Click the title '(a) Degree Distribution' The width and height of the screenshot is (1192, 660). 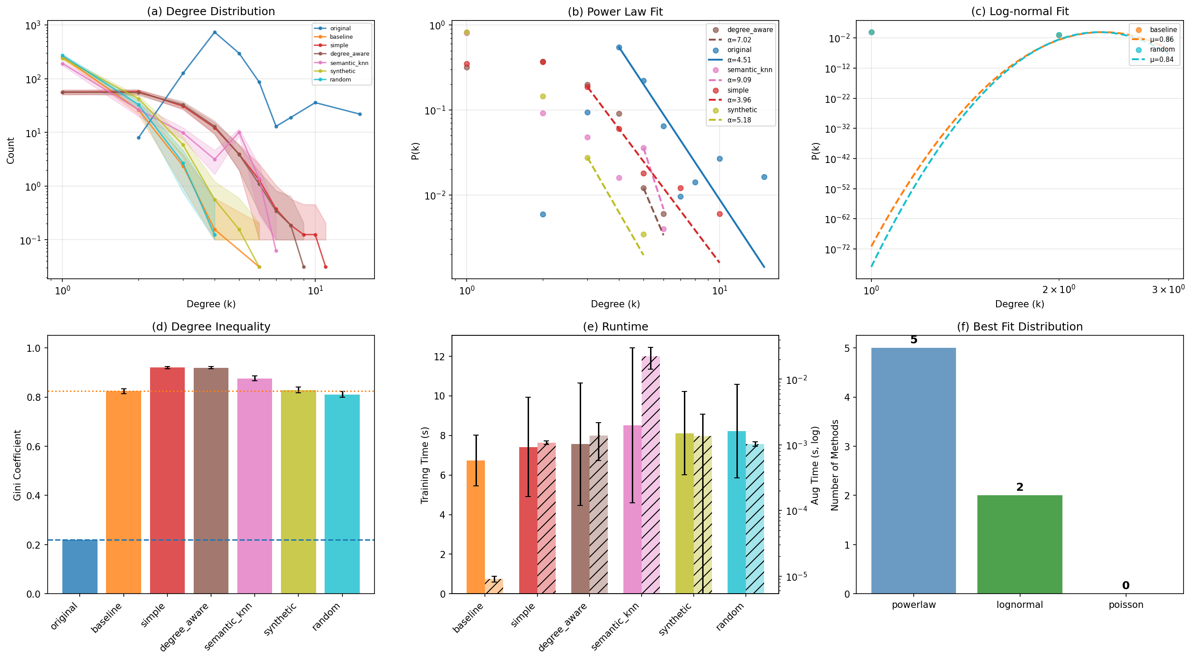pyautogui.click(x=211, y=11)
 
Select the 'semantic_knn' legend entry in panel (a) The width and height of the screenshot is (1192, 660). pyautogui.click(x=349, y=63)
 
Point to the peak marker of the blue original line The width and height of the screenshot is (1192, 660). pyautogui.click(x=215, y=33)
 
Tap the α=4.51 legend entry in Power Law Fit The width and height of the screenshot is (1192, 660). pyautogui.click(x=739, y=60)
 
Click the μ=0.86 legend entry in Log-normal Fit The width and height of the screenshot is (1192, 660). pyautogui.click(x=1161, y=39)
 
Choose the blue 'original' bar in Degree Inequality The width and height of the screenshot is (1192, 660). pyautogui.click(x=80, y=566)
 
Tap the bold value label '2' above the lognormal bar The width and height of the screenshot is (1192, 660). pyautogui.click(x=1019, y=487)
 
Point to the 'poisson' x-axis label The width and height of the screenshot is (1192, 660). pyautogui.click(x=1125, y=604)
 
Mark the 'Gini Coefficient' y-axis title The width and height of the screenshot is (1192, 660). pyautogui.click(x=17, y=464)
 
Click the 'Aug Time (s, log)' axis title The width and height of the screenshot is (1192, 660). pyautogui.click(x=815, y=464)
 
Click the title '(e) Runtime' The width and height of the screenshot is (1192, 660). pyautogui.click(x=615, y=327)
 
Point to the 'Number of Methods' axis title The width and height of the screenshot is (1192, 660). pyautogui.click(x=835, y=464)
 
